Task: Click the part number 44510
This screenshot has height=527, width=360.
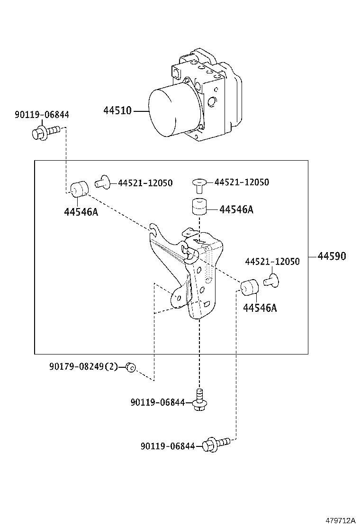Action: [x=117, y=111]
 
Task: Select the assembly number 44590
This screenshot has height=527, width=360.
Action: [x=332, y=256]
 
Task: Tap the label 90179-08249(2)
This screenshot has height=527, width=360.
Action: [x=83, y=366]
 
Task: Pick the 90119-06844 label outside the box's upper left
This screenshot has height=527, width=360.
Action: [x=42, y=114]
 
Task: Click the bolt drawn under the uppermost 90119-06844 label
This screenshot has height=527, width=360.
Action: [x=45, y=131]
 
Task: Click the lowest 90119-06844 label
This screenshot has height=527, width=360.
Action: [x=168, y=446]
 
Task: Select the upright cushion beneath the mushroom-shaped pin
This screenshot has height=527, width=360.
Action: [x=200, y=207]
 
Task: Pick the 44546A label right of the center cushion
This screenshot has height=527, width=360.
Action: [x=236, y=209]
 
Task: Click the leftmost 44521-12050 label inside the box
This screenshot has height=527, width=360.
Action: [x=145, y=183]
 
